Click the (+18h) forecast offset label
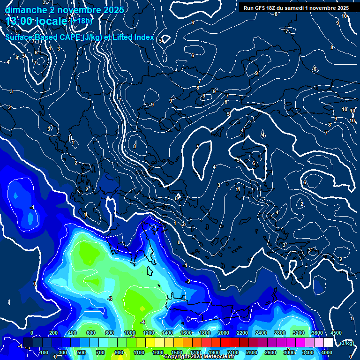(82, 21)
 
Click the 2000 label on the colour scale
(224, 332)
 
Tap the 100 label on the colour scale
(45, 352)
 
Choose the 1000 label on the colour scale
(130, 332)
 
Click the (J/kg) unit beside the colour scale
(347, 344)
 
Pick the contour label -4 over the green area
(142, 322)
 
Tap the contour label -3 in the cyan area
(110, 299)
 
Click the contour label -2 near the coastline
(188, 281)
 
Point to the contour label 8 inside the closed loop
(135, 146)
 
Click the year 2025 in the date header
(113, 10)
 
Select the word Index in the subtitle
(143, 37)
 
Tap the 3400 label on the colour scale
(308, 352)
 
